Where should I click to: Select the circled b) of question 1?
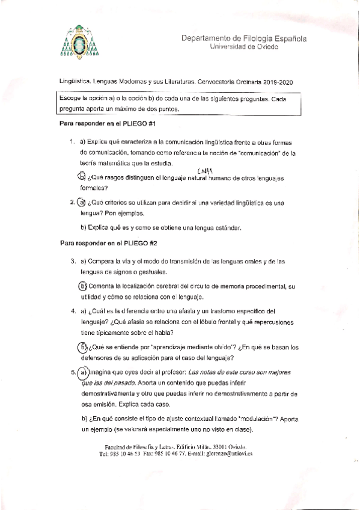coord(82,177)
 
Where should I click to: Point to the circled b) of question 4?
coord(83,347)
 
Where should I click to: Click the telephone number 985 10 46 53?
coord(125,455)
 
